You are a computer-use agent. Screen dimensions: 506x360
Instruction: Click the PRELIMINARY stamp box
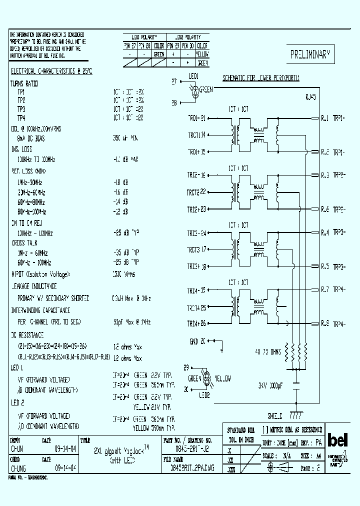(x=311, y=55)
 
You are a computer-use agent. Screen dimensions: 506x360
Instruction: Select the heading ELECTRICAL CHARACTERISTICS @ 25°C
(x=51, y=71)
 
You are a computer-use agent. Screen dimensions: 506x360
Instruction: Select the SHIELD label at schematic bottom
(x=274, y=415)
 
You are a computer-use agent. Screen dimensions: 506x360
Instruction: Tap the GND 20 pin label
(x=197, y=341)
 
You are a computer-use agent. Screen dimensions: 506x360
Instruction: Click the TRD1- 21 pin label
(x=196, y=118)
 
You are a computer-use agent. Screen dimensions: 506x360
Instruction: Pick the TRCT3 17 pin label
(x=197, y=249)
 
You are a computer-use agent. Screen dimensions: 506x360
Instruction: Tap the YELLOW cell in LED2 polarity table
(x=202, y=53)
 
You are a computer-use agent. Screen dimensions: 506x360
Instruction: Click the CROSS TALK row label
(x=24, y=242)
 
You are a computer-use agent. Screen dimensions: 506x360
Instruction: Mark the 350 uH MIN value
(x=125, y=138)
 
